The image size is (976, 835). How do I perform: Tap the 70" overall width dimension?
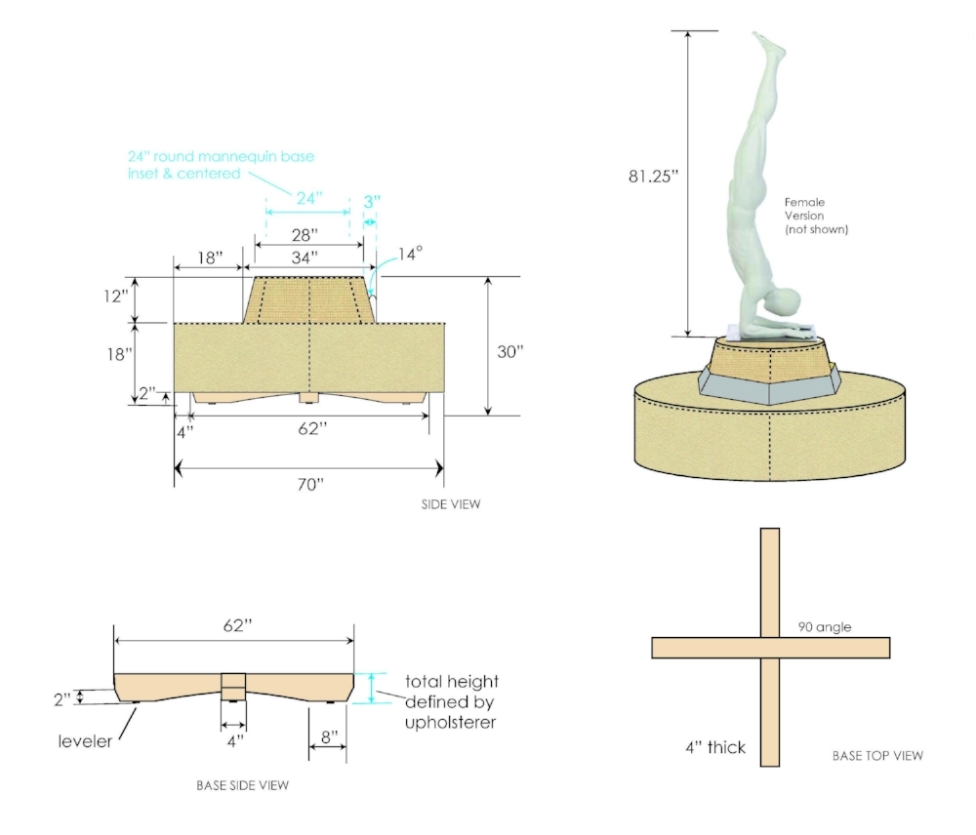(x=309, y=485)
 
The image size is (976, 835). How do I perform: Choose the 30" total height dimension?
(x=509, y=352)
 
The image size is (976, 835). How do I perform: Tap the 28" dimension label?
(x=305, y=235)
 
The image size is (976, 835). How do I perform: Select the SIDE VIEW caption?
(x=451, y=504)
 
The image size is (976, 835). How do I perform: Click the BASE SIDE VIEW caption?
(x=242, y=784)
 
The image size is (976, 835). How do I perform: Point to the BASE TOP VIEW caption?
(x=877, y=755)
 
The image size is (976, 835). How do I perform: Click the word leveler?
(x=84, y=742)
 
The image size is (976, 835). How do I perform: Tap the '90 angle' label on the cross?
(x=824, y=627)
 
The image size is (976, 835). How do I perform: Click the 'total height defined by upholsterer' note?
(x=451, y=702)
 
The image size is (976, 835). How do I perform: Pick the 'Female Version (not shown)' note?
(x=816, y=216)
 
